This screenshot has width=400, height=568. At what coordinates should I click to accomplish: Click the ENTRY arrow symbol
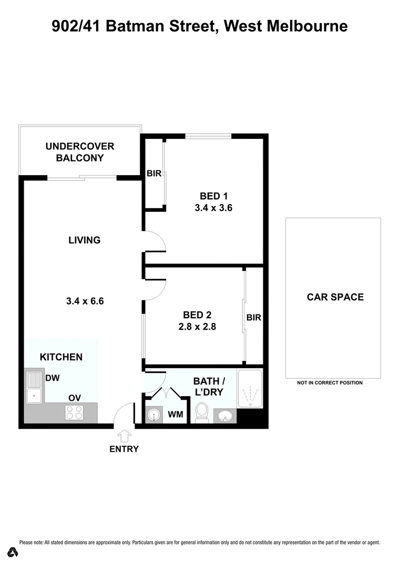[125, 435]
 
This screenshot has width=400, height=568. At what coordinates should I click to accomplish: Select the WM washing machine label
[176, 414]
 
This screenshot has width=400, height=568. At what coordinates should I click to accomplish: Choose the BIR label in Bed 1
[154, 174]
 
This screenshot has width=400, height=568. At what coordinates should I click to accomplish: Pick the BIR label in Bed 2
[254, 318]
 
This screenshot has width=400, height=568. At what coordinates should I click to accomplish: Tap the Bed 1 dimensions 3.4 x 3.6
[213, 208]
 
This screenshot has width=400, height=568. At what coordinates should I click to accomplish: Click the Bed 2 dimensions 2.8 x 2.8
[197, 327]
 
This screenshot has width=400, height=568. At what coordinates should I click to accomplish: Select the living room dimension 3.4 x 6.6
[85, 301]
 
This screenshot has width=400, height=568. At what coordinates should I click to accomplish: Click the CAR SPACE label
[335, 297]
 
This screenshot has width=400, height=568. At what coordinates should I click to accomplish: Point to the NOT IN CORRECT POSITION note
[330, 383]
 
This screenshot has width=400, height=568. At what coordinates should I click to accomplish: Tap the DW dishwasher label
[52, 378]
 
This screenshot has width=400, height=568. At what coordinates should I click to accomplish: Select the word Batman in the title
[138, 25]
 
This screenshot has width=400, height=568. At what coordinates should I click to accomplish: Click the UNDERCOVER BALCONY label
[80, 152]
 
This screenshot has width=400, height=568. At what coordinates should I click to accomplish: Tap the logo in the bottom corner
[13, 552]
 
